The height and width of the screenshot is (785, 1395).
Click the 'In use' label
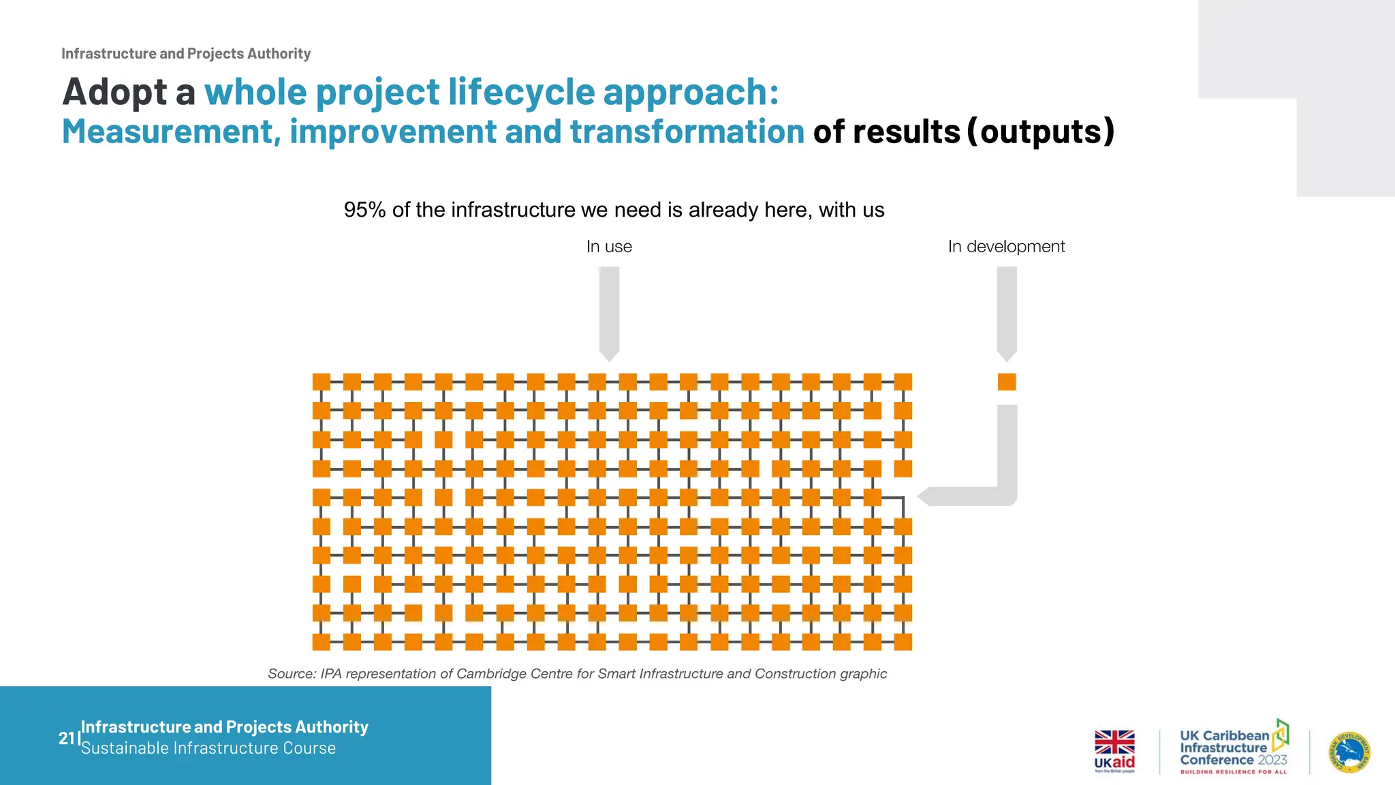click(x=609, y=247)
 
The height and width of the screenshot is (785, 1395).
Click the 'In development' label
click(x=1006, y=247)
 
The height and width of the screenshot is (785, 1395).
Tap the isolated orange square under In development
click(x=1007, y=382)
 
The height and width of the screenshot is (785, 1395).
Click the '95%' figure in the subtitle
click(x=364, y=210)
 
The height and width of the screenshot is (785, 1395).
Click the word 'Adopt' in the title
click(x=114, y=92)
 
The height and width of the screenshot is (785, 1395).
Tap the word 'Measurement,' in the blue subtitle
click(x=171, y=132)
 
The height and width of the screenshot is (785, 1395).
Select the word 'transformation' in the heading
click(x=687, y=132)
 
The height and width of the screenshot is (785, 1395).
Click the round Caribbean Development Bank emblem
click(x=1349, y=752)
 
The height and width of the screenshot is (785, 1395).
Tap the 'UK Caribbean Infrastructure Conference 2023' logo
click(x=1234, y=748)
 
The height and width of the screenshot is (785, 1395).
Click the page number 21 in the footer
click(x=66, y=738)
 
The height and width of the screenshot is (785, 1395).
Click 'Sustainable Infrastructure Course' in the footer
click(x=208, y=748)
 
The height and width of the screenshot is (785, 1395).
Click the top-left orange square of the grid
click(x=321, y=382)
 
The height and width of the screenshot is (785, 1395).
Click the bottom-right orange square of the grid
click(x=903, y=642)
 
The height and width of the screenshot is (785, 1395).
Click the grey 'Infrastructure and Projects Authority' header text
click(x=186, y=54)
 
